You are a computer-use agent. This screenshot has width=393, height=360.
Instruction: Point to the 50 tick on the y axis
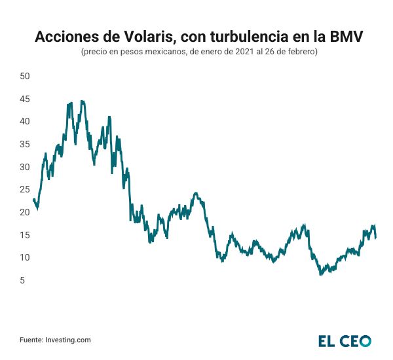click(26, 76)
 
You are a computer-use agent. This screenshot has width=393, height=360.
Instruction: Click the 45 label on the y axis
click(26, 99)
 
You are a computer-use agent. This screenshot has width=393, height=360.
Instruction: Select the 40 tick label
click(26, 121)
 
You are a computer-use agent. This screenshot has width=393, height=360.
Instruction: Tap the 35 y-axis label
click(26, 144)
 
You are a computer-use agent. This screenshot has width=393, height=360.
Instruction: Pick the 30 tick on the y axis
click(26, 167)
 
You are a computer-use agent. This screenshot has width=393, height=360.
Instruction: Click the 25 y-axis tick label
click(26, 189)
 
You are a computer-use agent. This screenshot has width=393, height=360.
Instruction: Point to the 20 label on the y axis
click(26, 212)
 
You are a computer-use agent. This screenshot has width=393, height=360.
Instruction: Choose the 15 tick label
click(26, 235)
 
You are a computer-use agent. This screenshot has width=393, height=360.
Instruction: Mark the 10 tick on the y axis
click(26, 257)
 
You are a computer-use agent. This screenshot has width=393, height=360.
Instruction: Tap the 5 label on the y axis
click(28, 280)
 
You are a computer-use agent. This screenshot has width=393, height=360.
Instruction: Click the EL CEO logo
click(345, 340)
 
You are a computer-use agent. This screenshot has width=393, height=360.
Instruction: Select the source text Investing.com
click(67, 340)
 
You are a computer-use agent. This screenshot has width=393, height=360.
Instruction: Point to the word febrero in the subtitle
click(301, 52)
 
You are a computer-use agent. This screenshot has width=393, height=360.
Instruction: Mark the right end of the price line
click(375, 237)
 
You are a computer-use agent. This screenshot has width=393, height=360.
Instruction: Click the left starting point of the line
click(33, 200)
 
